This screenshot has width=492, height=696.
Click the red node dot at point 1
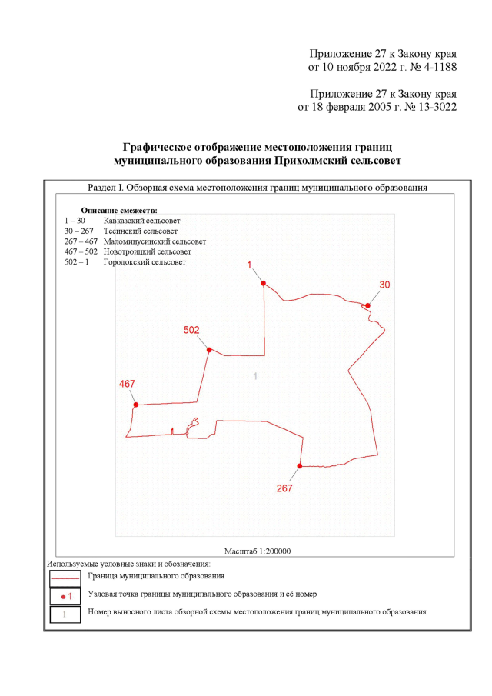[263, 284]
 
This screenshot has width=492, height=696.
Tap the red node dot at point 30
[368, 305]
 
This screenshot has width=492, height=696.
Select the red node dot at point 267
[300, 466]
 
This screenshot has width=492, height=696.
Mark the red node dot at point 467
[136, 405]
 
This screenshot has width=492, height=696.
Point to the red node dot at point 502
[209, 350]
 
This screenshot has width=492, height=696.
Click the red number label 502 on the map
[192, 330]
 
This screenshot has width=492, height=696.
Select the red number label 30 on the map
[384, 285]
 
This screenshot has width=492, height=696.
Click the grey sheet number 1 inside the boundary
[255, 375]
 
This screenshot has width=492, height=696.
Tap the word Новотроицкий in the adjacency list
[128, 251]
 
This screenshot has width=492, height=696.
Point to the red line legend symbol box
[65, 576]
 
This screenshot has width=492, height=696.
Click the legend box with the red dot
[65, 595]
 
